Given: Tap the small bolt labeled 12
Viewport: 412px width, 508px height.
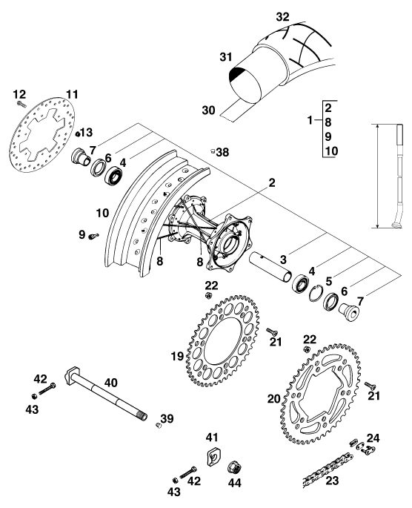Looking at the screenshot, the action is pyautogui.click(x=21, y=104).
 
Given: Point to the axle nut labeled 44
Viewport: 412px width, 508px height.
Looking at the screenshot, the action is pyautogui.click(x=234, y=467).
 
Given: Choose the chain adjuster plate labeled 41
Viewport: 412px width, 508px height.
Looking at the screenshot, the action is pyautogui.click(x=213, y=456).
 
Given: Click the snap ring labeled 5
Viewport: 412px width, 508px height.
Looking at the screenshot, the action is pyautogui.click(x=315, y=293).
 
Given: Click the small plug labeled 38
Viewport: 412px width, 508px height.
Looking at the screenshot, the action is pyautogui.click(x=213, y=151).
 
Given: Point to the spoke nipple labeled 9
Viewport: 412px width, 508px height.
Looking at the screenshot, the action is pyautogui.click(x=93, y=236).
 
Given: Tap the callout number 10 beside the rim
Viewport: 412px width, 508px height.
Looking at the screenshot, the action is pyautogui.click(x=102, y=213).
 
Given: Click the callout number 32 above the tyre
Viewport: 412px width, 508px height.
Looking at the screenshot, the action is pyautogui.click(x=282, y=17).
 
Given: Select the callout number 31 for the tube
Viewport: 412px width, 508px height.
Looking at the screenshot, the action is pyautogui.click(x=226, y=57).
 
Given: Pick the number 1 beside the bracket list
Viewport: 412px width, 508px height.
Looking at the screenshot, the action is pyautogui.click(x=310, y=121).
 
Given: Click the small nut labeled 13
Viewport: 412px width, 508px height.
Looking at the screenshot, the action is pyautogui.click(x=78, y=133).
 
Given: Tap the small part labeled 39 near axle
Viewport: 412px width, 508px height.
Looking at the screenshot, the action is pyautogui.click(x=159, y=425).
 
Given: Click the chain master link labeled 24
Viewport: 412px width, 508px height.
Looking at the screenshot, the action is pyautogui.click(x=362, y=446).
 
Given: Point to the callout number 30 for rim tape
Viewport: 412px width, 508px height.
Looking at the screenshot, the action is pyautogui.click(x=208, y=110).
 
